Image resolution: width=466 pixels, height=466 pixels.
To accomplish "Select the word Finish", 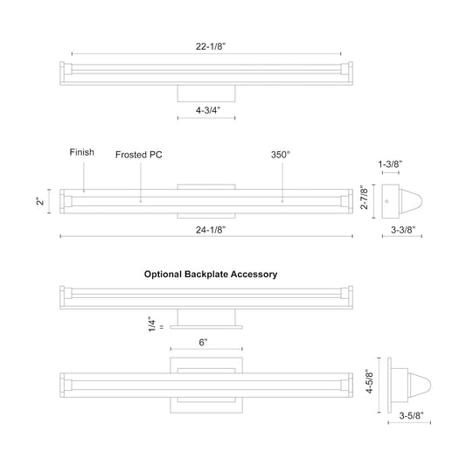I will pyautogui.click(x=82, y=152).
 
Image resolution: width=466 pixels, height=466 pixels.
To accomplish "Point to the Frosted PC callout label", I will pyautogui.click(x=139, y=154).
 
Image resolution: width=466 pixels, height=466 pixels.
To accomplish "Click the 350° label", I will pyautogui.click(x=280, y=154).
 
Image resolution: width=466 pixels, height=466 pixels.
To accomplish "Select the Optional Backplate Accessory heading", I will pyautogui.click(x=211, y=274).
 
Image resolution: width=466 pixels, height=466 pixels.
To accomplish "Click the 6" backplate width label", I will pyautogui.click(x=203, y=344).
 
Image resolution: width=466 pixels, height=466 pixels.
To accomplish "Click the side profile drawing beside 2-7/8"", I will pyautogui.click(x=404, y=201).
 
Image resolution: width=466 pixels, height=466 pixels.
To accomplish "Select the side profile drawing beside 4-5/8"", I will pyautogui.click(x=412, y=384).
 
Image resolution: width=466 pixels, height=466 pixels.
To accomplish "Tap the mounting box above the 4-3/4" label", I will pyautogui.click(x=208, y=92).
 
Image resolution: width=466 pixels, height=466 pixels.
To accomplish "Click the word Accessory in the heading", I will pyautogui.click(x=254, y=274).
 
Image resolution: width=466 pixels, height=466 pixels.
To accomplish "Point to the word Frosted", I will pyautogui.click(x=130, y=154).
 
